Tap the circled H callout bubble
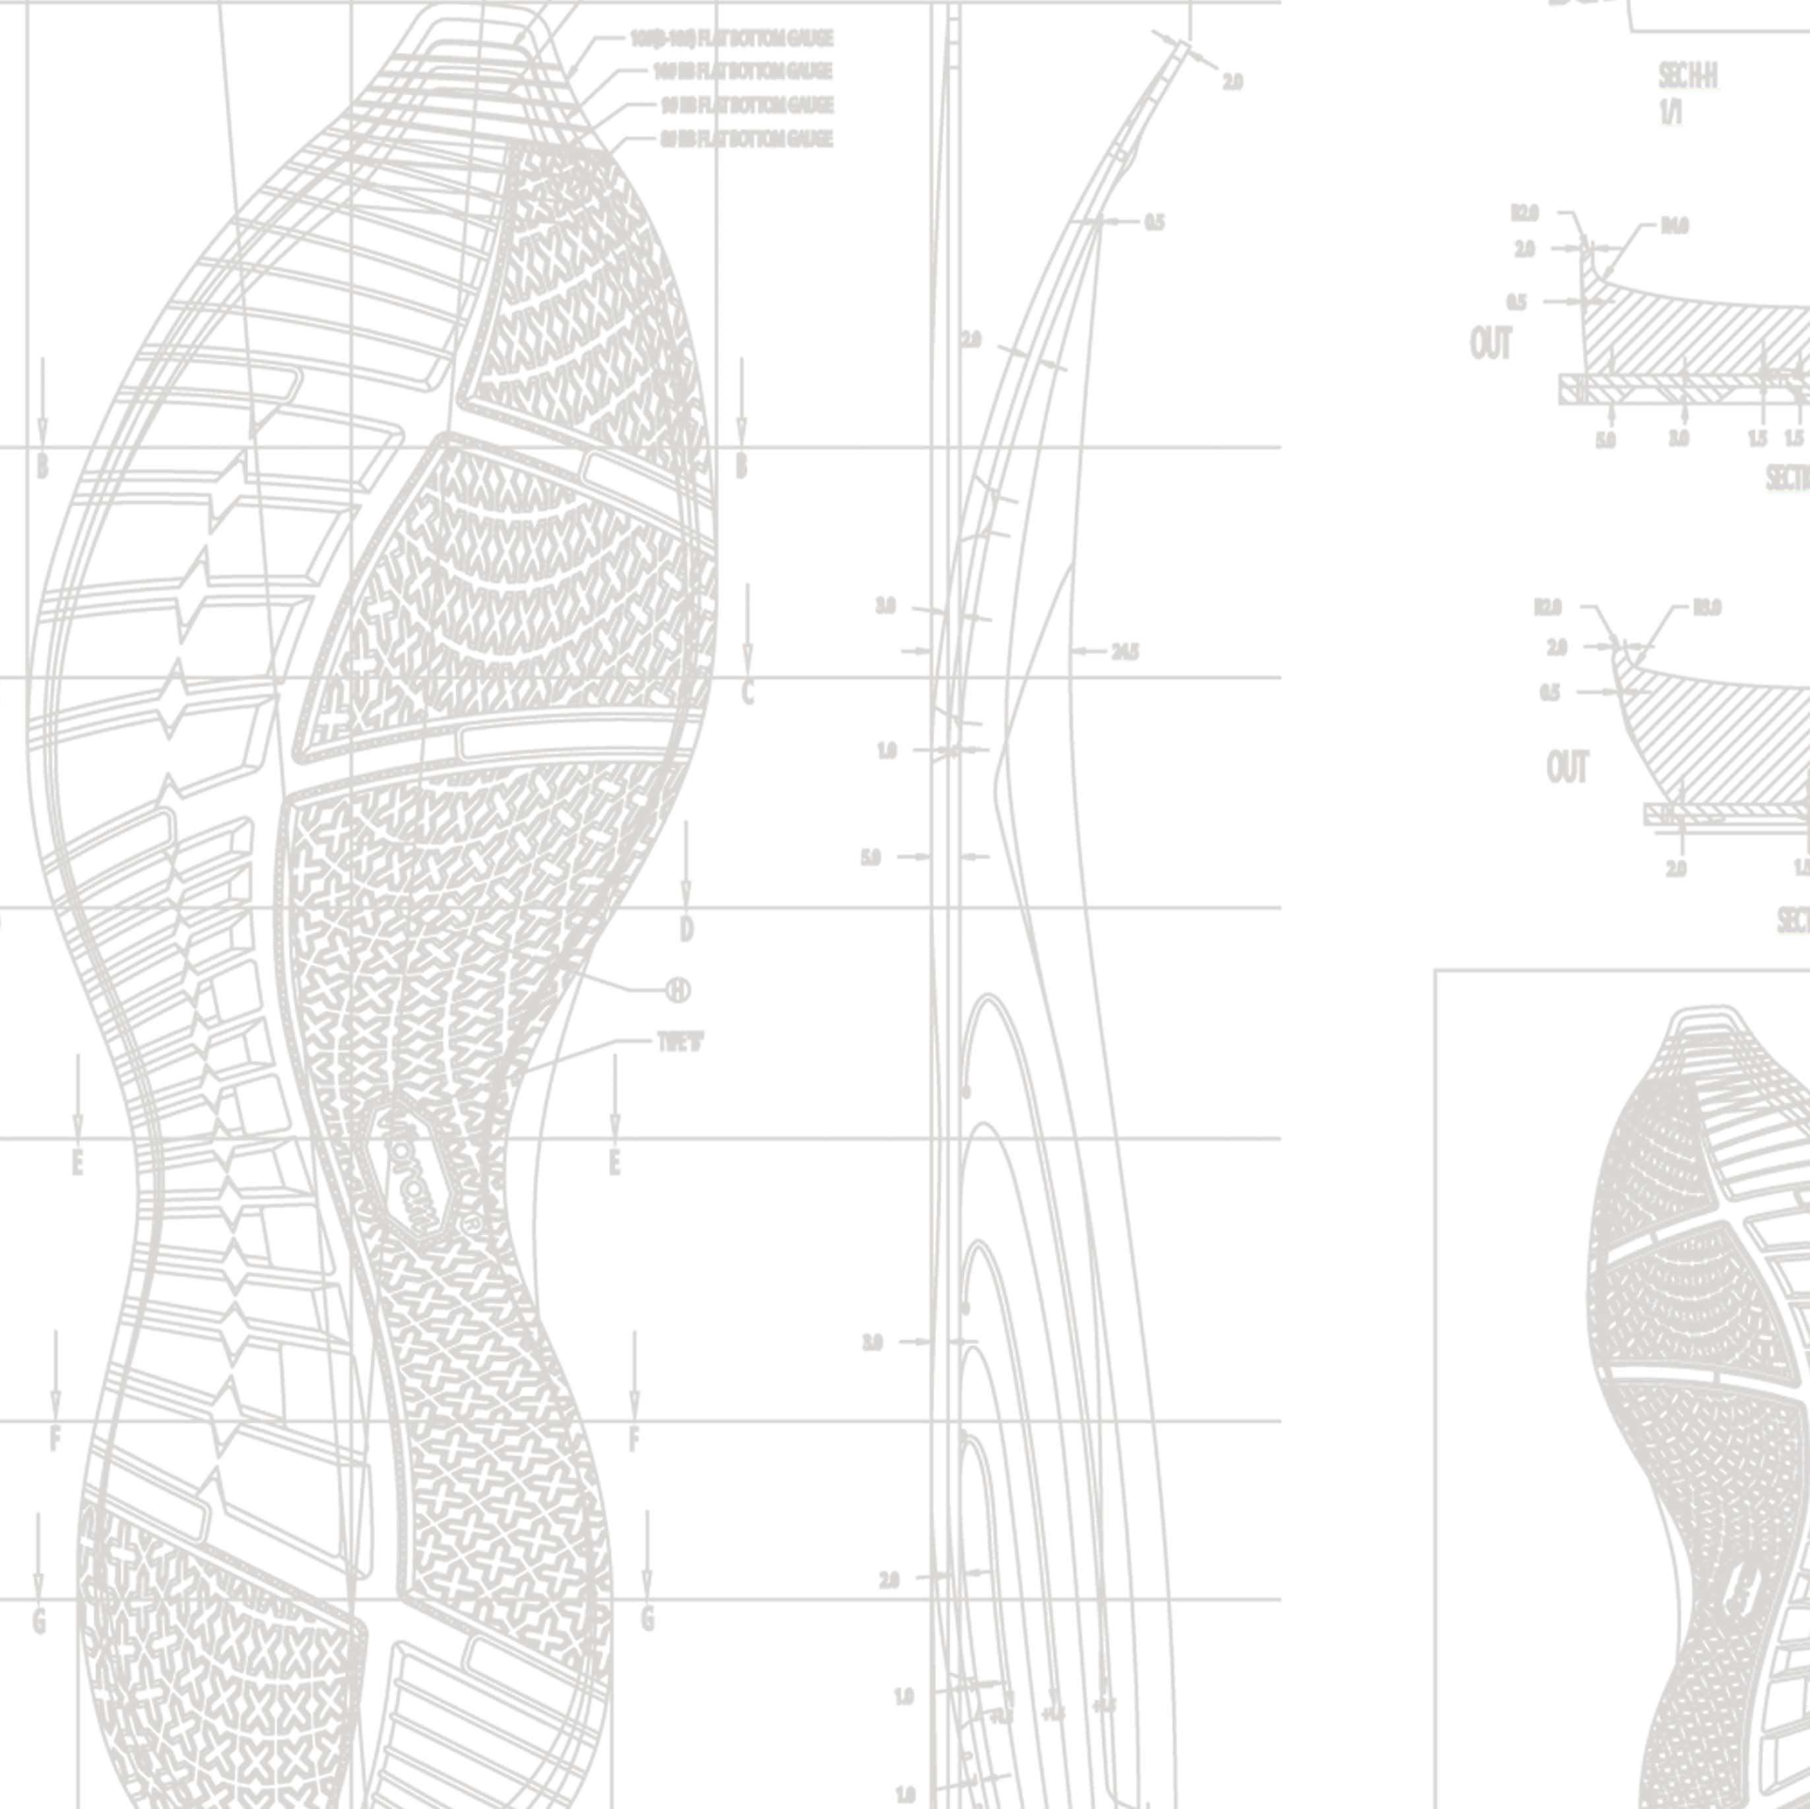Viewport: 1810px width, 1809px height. click(678, 990)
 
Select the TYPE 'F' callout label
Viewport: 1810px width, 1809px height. click(680, 1042)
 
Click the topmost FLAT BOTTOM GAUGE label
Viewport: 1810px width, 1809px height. click(730, 38)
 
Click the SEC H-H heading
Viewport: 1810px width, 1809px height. click(1687, 77)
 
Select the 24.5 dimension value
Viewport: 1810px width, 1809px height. click(1124, 651)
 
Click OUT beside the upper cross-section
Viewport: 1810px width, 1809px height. click(1491, 345)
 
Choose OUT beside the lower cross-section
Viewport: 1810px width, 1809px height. click(1567, 768)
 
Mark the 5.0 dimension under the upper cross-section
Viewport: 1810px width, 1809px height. click(1605, 439)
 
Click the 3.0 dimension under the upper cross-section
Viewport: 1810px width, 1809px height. click(1679, 439)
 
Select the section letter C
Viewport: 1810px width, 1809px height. click(748, 693)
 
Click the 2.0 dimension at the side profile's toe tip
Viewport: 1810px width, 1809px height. click(1232, 82)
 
